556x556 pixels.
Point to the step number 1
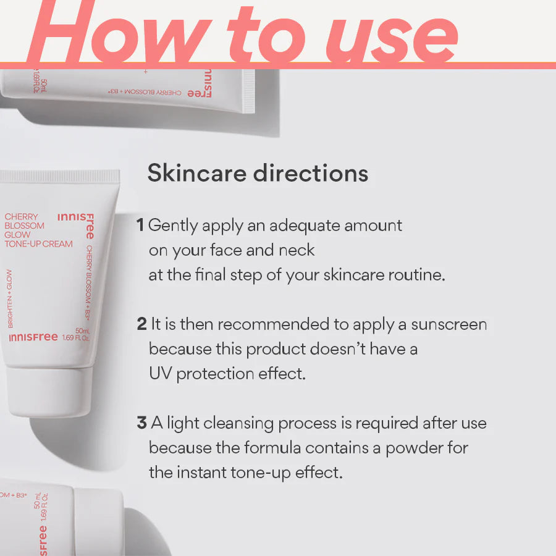[x=140, y=225]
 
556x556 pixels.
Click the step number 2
[x=141, y=324]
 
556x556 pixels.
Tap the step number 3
[x=141, y=423]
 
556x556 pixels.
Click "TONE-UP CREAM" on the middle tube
[x=38, y=244]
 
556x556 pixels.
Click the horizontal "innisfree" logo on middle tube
[x=33, y=337]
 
